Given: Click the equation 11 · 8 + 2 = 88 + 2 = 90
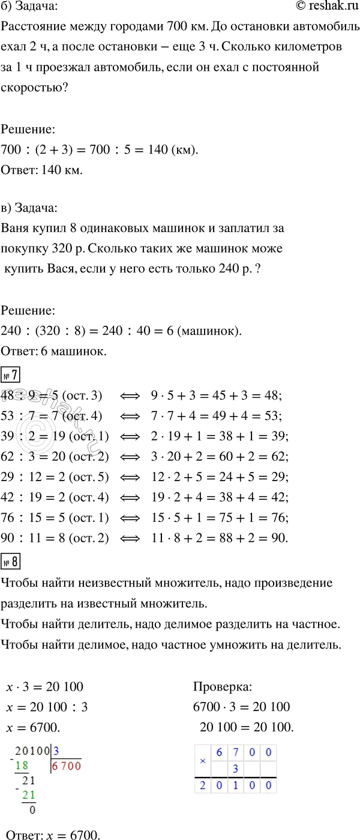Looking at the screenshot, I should (221, 539).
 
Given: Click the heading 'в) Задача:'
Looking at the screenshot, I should (30, 208).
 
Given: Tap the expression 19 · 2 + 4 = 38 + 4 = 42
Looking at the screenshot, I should (221, 497).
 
